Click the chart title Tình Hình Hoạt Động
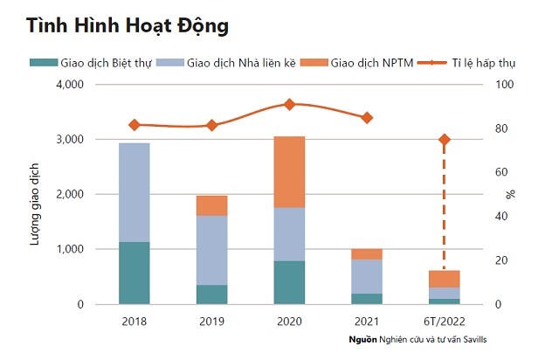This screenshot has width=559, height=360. (127, 26)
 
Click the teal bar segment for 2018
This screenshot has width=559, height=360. (134, 273)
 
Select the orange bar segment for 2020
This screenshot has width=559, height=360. (288, 172)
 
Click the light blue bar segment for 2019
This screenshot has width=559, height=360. (211, 250)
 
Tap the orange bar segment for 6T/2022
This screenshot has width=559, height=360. (444, 279)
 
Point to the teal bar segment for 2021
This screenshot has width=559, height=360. (366, 299)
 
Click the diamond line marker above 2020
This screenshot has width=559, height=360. (289, 104)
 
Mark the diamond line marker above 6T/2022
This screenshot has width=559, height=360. (444, 140)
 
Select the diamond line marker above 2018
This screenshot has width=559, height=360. (134, 125)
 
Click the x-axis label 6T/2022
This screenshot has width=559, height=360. (444, 322)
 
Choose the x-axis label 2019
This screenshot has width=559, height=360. (211, 322)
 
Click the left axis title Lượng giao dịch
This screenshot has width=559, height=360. (36, 195)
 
